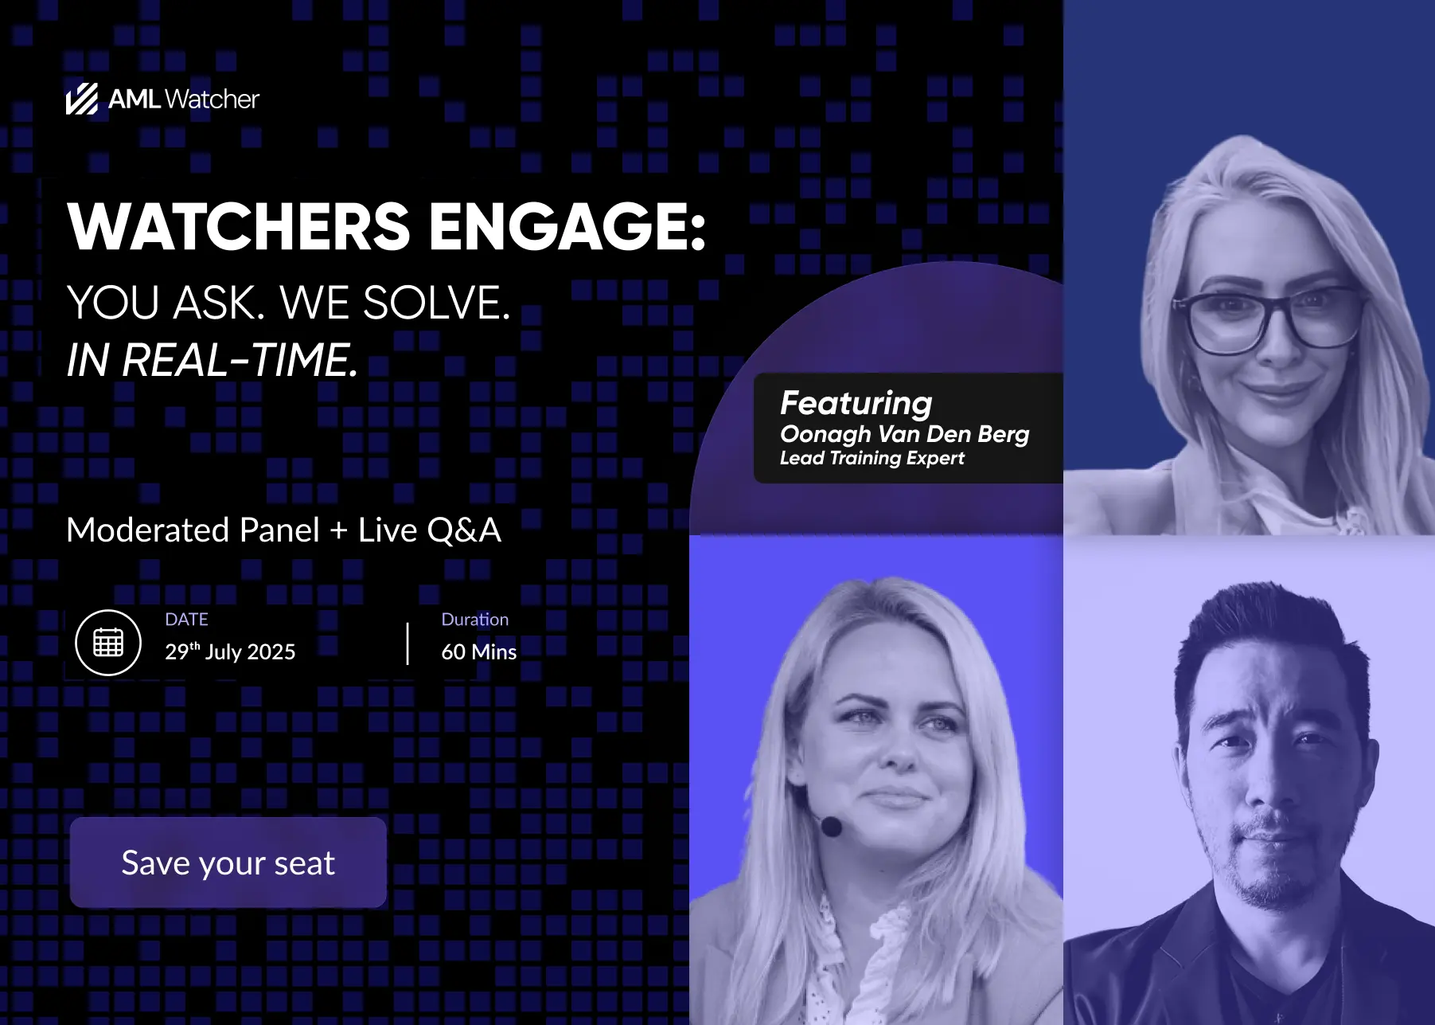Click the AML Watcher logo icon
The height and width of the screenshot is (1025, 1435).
(82, 99)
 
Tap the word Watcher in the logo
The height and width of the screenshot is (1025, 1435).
(213, 99)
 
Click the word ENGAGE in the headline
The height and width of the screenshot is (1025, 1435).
(567, 226)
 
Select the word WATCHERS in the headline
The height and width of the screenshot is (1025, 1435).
(239, 226)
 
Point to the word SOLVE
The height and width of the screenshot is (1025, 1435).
(436, 303)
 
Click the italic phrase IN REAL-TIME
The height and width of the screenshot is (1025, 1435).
(213, 360)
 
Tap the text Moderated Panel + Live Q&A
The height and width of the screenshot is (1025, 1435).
(284, 530)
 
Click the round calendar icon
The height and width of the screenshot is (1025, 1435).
(108, 642)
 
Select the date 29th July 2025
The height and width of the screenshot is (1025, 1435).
(230, 651)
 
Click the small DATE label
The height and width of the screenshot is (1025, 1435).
(186, 619)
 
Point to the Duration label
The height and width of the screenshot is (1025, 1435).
(475, 619)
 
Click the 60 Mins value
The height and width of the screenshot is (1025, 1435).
(479, 651)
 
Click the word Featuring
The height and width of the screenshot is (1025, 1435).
(856, 404)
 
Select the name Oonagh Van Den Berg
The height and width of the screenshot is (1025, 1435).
(905, 434)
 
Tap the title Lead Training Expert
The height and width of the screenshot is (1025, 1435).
(872, 458)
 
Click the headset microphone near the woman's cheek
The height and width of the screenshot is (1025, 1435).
(831, 826)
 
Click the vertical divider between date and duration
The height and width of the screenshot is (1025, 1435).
(408, 644)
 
